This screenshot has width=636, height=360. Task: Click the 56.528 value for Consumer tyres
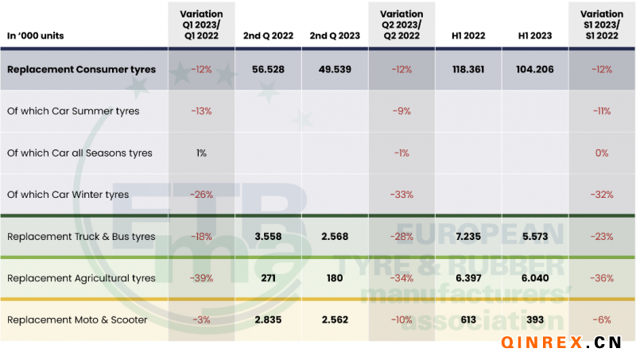point(269,70)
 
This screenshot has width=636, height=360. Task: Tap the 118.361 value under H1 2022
point(469,70)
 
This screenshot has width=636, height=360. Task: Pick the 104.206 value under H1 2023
point(535,70)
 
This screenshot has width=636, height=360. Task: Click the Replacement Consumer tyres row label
point(81,70)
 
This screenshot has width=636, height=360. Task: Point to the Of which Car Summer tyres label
point(73,111)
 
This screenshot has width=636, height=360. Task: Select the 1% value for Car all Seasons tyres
point(202,153)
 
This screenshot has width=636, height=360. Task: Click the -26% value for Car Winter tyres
point(202,195)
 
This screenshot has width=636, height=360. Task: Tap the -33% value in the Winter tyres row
point(401,195)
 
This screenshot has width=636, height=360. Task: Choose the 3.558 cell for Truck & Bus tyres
point(269,237)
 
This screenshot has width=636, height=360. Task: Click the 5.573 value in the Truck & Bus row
point(535,237)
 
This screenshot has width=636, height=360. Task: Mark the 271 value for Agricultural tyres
point(269,278)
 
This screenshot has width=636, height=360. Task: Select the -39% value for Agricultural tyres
point(202,278)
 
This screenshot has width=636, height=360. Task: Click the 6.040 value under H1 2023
point(535,278)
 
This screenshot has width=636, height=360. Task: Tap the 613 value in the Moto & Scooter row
point(469,319)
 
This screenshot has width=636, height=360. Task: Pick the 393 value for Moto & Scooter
point(535,319)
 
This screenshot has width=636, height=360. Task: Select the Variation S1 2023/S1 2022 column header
point(601,25)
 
